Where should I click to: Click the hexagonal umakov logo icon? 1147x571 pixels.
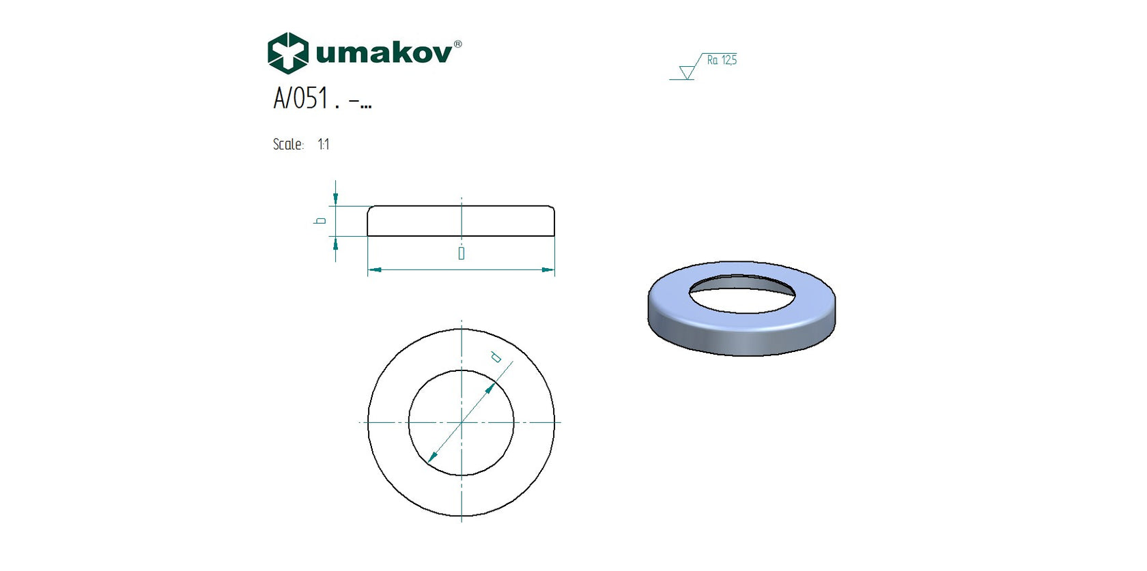287,53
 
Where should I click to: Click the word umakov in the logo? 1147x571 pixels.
383,53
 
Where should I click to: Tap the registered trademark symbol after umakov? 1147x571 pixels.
457,44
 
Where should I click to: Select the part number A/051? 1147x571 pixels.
301,98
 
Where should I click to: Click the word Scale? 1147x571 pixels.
287,145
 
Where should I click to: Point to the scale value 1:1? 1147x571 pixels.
324,145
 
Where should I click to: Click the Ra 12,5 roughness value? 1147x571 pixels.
722,60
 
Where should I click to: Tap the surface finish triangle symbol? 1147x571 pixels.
687,72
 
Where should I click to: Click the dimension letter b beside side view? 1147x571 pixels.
320,220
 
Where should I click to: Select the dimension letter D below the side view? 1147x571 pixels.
462,254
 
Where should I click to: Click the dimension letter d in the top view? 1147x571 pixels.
496,357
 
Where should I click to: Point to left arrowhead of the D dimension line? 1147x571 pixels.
374,270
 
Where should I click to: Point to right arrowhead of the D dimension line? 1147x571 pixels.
548,270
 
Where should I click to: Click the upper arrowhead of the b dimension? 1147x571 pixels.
335,199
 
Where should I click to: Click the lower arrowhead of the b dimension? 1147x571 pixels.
335,243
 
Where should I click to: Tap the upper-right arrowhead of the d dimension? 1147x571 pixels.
491,389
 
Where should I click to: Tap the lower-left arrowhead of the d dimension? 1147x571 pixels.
431,458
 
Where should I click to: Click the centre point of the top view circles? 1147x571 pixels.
462,422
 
